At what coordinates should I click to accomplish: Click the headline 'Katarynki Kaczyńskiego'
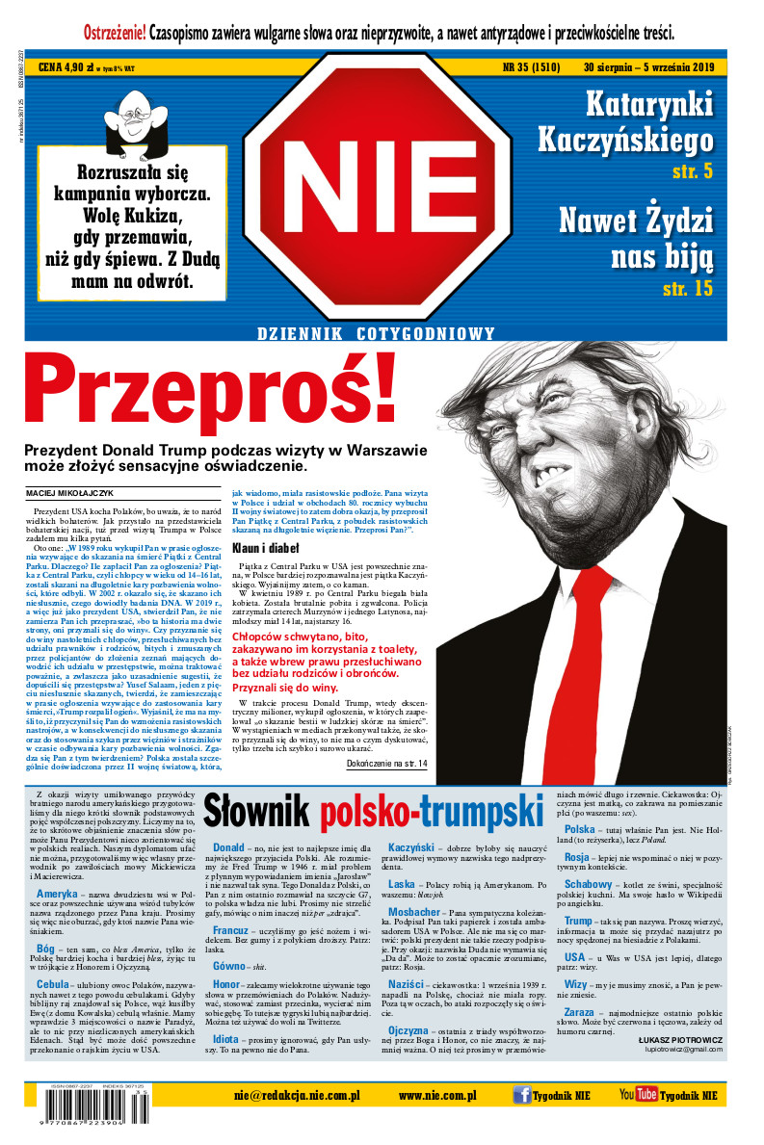click(x=639, y=122)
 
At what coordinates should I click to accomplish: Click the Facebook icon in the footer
click(x=521, y=1095)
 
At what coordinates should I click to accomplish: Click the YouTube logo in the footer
click(x=638, y=1095)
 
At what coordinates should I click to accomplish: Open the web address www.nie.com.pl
click(x=437, y=1095)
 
